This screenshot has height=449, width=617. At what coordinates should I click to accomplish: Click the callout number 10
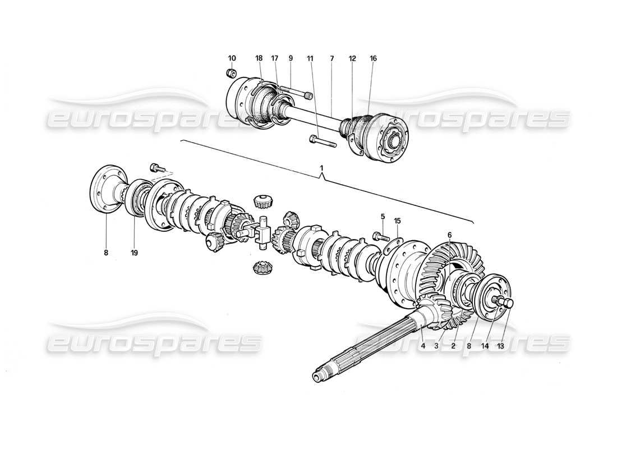pos(232,58)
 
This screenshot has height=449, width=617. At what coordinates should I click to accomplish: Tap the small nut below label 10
pos(231,73)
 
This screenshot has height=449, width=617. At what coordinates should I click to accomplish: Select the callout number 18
pos(259,58)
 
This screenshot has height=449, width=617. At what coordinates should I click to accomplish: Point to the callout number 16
pos(374,58)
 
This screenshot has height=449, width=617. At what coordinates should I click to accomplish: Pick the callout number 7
pos(331,58)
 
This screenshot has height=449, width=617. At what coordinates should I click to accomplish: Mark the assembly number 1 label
pos(321,168)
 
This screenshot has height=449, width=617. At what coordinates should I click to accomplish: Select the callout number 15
pos(398,221)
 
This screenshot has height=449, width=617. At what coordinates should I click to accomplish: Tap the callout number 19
pos(134,253)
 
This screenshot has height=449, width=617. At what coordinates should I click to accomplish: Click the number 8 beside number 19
pos(105,253)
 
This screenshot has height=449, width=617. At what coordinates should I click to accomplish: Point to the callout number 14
pos(485,346)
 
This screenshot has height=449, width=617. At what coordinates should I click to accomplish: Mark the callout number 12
pos(352,58)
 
